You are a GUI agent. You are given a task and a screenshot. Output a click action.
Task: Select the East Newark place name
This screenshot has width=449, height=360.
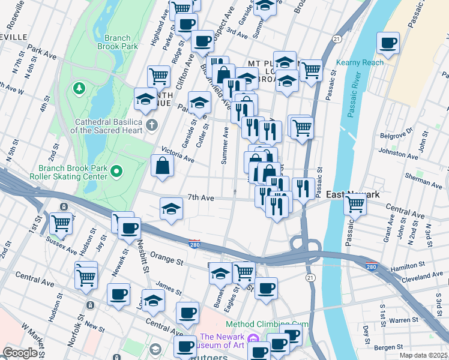[352, 195]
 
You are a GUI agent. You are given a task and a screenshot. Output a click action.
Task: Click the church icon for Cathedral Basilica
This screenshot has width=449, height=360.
[152, 125]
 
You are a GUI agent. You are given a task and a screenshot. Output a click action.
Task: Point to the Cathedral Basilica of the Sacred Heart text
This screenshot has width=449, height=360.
[106, 125]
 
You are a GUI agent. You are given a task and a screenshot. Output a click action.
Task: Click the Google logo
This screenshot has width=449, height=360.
[20, 353]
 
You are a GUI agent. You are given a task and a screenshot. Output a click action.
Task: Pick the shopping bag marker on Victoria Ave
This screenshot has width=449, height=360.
[163, 166]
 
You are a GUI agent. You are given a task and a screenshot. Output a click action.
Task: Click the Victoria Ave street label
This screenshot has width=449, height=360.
[178, 155]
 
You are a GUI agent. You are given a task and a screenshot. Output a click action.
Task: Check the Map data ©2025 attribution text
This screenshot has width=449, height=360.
[423, 355]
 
